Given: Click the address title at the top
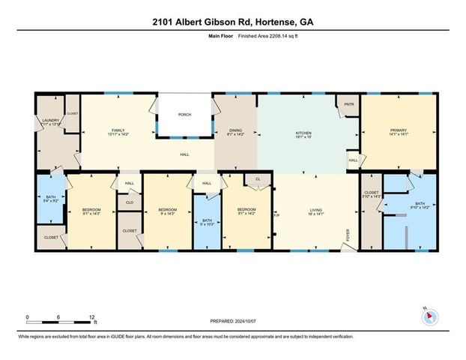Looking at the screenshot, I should [x=232, y=22].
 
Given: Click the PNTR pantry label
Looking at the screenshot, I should [x=348, y=104].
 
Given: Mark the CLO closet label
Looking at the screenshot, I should [x=129, y=202].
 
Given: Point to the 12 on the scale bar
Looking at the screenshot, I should [x=92, y=318].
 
